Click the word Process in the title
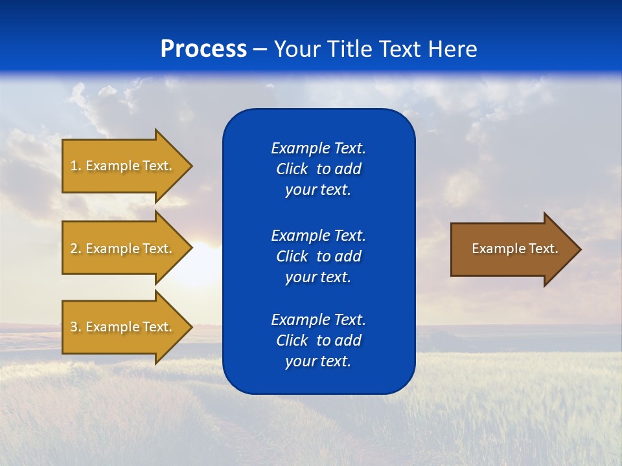point(203,49)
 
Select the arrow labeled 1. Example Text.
point(123,166)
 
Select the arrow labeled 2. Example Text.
point(123,249)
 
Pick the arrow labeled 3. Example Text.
point(123,327)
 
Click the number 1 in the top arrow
point(74,166)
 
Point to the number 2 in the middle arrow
point(74,249)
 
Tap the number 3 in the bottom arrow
point(74,327)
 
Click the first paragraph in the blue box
point(318,169)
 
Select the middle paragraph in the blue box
point(318,256)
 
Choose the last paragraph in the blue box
point(318,340)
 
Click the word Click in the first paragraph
point(292,169)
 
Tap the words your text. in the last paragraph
point(318,362)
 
